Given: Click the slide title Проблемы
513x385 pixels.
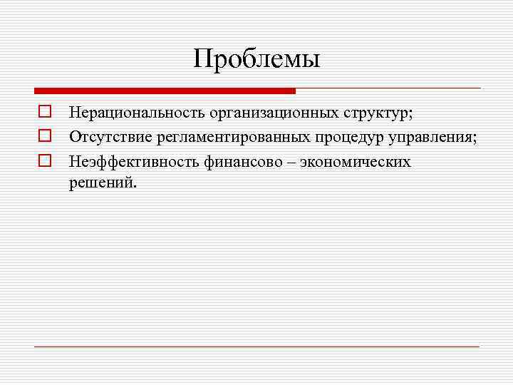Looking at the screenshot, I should (x=256, y=58).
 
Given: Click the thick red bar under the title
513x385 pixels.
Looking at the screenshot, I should (x=165, y=91).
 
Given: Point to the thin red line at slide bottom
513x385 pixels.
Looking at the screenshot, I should (x=256, y=346).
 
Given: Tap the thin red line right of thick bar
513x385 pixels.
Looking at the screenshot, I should (x=388, y=88).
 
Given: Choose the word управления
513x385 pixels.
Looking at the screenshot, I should (x=432, y=137).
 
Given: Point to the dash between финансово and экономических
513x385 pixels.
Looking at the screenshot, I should (x=291, y=163).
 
